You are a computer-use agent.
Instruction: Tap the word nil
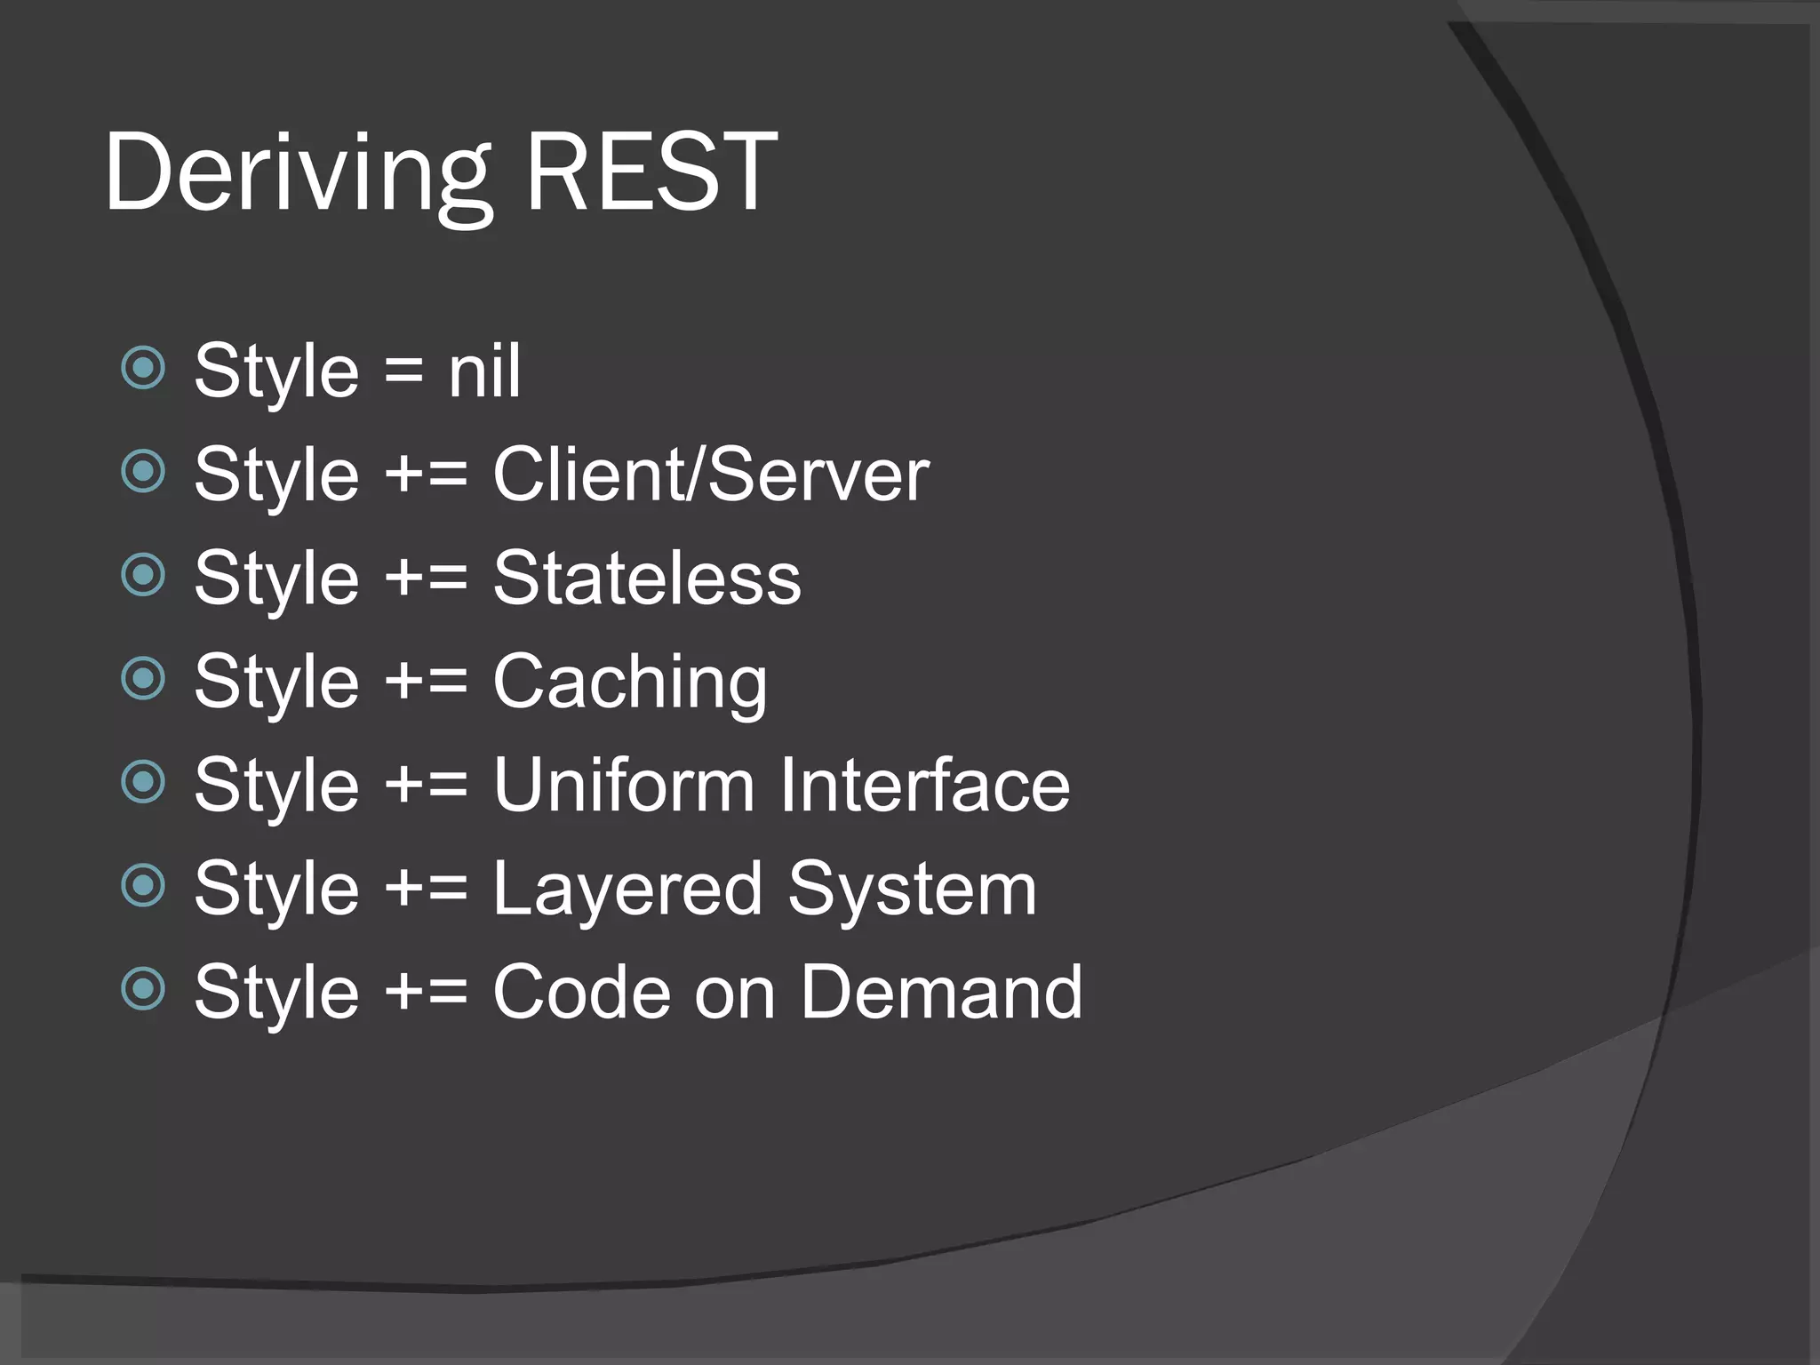tap(484, 371)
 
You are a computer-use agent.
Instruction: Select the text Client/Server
tap(710, 475)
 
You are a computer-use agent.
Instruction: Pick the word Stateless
tap(647, 579)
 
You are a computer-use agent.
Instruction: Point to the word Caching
tap(630, 682)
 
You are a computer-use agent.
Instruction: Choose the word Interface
tap(925, 786)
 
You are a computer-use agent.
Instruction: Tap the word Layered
tap(627, 890)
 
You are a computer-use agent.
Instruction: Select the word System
tap(913, 890)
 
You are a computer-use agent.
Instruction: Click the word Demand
tap(942, 992)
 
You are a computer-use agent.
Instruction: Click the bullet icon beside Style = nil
tap(143, 367)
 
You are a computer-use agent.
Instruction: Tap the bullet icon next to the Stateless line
tap(143, 575)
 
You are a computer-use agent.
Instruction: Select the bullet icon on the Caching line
tap(143, 679)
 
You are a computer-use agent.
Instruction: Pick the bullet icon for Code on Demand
tap(143, 989)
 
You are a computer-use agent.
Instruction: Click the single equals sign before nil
tap(404, 371)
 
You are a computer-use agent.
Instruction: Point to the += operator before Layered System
tap(426, 890)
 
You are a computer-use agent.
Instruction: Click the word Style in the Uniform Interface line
tap(276, 786)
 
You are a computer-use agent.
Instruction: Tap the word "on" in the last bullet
tap(735, 994)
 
